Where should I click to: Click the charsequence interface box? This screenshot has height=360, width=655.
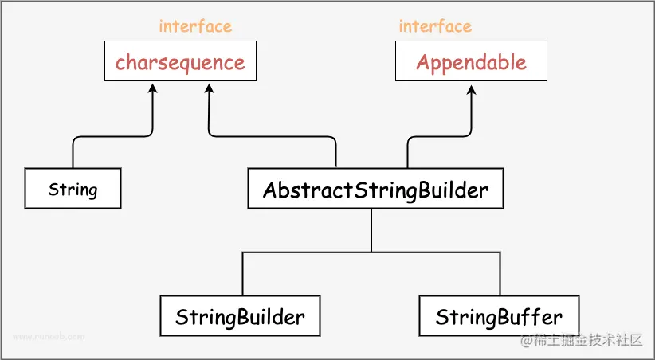180,62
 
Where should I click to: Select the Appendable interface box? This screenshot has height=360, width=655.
471,62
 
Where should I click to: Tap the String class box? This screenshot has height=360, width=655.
73,189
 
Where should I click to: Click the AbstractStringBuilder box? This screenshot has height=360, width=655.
375,190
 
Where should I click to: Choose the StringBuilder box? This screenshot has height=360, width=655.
240,317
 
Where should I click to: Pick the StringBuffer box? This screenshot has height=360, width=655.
499,317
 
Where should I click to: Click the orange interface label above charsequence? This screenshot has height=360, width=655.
195,25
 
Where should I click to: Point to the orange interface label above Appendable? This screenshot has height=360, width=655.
435,25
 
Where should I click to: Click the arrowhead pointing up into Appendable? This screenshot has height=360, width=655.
472,88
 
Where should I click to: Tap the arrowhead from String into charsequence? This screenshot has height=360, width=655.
152,88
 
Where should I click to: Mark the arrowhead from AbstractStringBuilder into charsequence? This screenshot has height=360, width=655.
209,88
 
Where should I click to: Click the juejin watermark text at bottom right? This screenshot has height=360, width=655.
582,340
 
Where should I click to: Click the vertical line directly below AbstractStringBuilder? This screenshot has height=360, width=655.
372,231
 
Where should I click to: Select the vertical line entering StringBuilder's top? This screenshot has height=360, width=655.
243,275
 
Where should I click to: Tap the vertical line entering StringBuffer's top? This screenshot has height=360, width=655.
500,275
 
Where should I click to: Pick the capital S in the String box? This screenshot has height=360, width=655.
53,190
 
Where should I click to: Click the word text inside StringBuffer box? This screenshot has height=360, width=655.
499,317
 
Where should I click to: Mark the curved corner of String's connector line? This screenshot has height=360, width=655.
76,139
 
